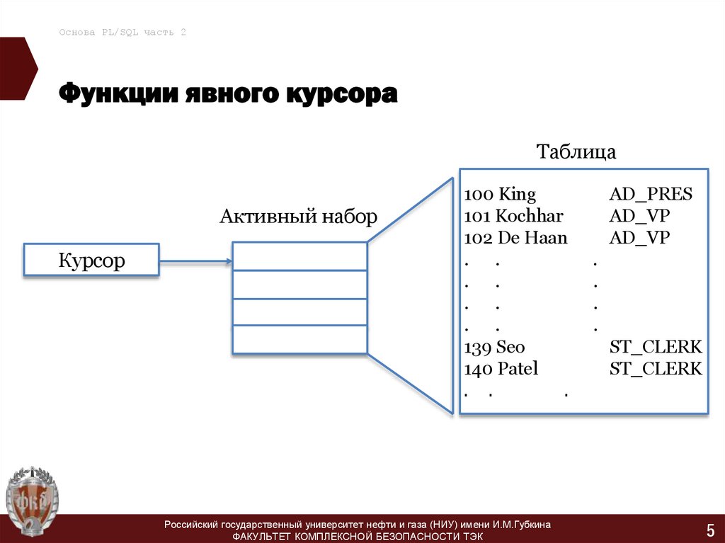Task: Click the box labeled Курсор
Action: (91, 261)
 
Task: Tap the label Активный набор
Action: (299, 217)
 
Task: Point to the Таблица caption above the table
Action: (576, 152)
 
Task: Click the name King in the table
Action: (518, 195)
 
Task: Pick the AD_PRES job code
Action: (651, 195)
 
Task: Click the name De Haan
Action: (532, 238)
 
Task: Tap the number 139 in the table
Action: (478, 347)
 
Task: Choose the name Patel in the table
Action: (518, 369)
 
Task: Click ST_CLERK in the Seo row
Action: (656, 347)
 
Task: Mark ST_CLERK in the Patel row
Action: (656, 369)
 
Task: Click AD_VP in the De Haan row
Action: (639, 238)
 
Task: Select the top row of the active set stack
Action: (299, 256)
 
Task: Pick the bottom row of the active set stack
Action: (299, 340)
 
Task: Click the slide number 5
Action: (709, 529)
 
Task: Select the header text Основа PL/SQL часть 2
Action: (122, 33)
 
